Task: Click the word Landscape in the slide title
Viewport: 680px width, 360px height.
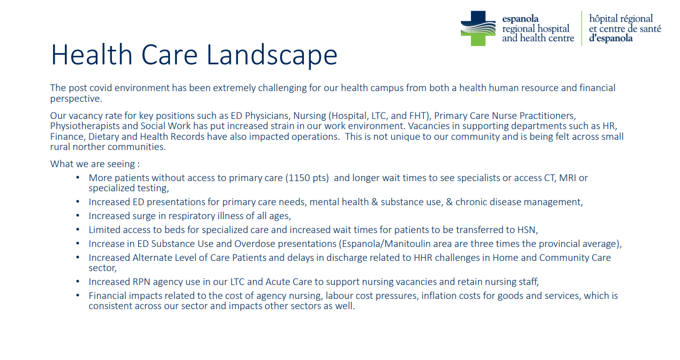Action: pyautogui.click(x=272, y=55)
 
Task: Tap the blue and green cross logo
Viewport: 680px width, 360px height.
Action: pyautogui.click(x=478, y=28)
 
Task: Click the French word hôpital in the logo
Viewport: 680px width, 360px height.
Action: pyautogui.click(x=603, y=19)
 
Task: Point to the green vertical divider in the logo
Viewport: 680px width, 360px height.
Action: pyautogui.click(x=581, y=28)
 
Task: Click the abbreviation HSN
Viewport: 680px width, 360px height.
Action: pyautogui.click(x=527, y=230)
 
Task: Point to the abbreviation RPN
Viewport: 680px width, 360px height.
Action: pyautogui.click(x=141, y=282)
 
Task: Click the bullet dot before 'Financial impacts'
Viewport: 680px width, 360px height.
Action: pyautogui.click(x=78, y=295)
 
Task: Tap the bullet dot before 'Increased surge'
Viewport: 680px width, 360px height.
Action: pyautogui.click(x=78, y=215)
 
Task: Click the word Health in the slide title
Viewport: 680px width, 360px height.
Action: pyautogui.click(x=92, y=55)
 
